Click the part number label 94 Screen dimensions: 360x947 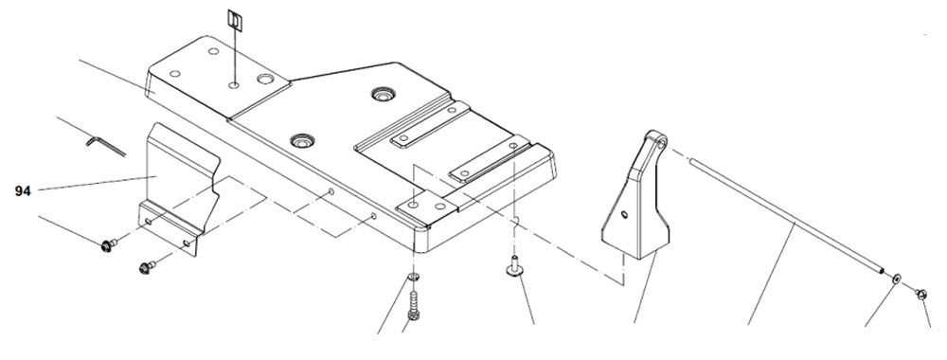[23, 191]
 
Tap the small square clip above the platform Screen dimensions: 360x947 [233, 20]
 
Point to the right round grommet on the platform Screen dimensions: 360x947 [384, 95]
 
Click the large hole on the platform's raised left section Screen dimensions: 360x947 [264, 81]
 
